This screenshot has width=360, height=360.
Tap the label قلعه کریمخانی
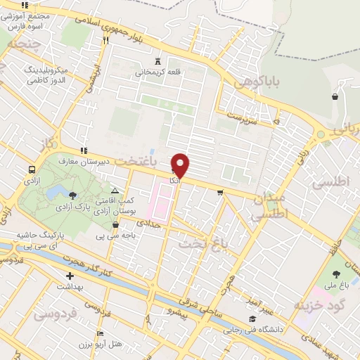click(x=157, y=71)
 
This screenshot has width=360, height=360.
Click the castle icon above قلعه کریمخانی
click(x=157, y=60)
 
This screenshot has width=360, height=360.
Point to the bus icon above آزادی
click(x=32, y=170)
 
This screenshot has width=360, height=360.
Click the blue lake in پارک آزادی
click(x=70, y=193)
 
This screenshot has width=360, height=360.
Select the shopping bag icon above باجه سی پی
click(x=116, y=225)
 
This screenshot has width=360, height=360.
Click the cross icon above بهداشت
click(x=70, y=276)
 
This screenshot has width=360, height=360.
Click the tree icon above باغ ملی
click(x=334, y=274)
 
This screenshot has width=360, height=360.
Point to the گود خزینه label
click(x=312, y=306)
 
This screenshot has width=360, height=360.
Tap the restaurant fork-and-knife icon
click(x=105, y=40)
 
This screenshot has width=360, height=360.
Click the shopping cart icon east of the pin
click(x=220, y=192)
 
